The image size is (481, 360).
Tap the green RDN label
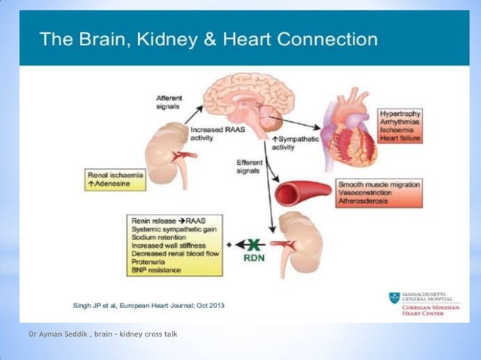[253, 257]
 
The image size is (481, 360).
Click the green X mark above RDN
[253, 243]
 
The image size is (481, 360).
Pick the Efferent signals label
[250, 166]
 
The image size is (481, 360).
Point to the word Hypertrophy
[400, 114]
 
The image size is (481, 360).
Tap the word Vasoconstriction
[371, 193]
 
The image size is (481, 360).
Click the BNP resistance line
[159, 270]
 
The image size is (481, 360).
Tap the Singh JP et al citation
[148, 306]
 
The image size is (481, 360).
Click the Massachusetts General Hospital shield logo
[394, 297]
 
